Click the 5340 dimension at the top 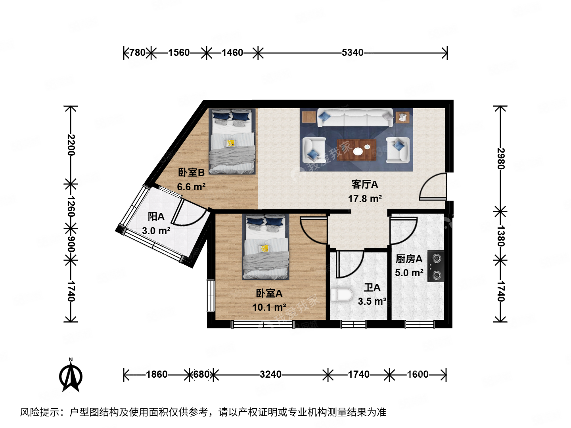tap(352, 52)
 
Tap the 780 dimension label tap(137, 52)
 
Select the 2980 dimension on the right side tap(500, 159)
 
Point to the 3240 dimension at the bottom tap(270, 374)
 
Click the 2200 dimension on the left tap(71, 145)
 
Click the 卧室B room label tap(191, 172)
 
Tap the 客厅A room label tap(365, 184)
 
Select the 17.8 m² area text tap(365, 199)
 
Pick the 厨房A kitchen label tap(409, 259)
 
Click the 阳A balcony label tap(156, 216)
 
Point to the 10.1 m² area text tap(269, 307)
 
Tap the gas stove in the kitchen tap(435, 266)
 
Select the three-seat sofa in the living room tap(355, 118)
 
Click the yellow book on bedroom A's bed tap(264, 248)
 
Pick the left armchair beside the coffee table tap(314, 149)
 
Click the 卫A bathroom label tap(372, 287)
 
